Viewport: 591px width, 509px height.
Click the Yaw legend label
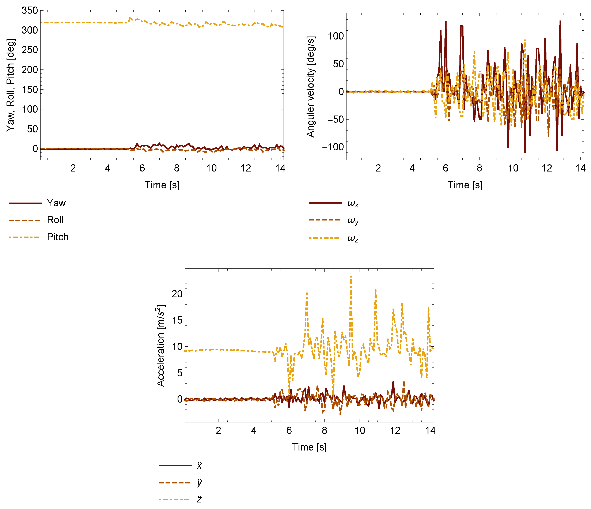click(56, 203)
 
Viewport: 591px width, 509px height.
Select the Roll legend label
click(55, 220)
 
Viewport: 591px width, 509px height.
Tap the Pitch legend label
click(58, 237)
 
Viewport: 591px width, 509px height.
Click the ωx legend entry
click(353, 203)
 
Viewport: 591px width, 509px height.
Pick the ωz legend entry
click(353, 238)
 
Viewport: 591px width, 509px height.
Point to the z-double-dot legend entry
click(199, 499)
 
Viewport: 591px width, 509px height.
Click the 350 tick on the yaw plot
click(30, 11)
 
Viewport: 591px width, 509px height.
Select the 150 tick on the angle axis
click(30, 90)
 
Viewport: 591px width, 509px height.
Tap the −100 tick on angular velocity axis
click(333, 147)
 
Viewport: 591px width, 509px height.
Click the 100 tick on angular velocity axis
click(336, 36)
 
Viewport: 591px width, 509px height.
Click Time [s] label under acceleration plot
click(309, 447)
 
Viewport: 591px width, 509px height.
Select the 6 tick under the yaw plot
click(142, 168)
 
